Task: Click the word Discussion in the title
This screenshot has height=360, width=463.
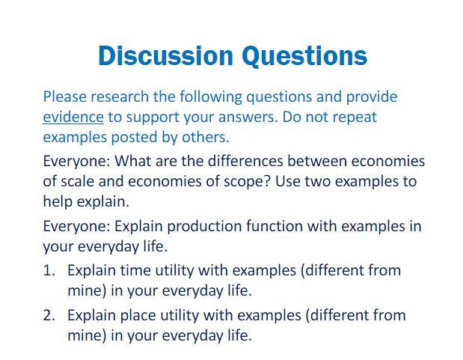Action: click(x=165, y=55)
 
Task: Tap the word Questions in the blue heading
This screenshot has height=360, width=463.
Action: click(x=304, y=56)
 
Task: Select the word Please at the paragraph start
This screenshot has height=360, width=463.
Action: click(x=64, y=97)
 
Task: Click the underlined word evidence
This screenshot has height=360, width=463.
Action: click(x=73, y=117)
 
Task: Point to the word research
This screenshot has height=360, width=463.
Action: click(x=120, y=97)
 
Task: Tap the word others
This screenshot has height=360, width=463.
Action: click(x=206, y=138)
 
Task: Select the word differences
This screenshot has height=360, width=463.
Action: click(x=245, y=162)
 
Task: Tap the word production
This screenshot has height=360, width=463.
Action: click(x=204, y=227)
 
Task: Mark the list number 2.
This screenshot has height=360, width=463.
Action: click(x=49, y=316)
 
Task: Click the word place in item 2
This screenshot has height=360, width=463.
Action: click(x=138, y=316)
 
